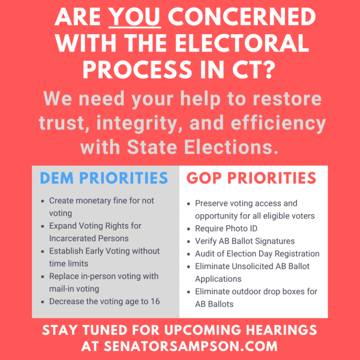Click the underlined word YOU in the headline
(x=135, y=17)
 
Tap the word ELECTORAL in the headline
(x=242, y=43)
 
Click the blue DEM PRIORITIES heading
(x=104, y=178)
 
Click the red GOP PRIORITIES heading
(x=251, y=178)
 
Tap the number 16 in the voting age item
(x=155, y=301)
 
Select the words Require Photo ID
(x=226, y=228)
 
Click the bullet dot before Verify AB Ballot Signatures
(x=188, y=241)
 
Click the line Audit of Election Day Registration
(x=257, y=254)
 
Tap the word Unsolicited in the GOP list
(x=252, y=266)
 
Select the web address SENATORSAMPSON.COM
(x=191, y=346)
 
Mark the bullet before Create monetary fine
(x=43, y=201)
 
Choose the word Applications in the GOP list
(x=218, y=279)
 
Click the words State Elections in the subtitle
(x=202, y=147)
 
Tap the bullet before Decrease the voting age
(x=43, y=302)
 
